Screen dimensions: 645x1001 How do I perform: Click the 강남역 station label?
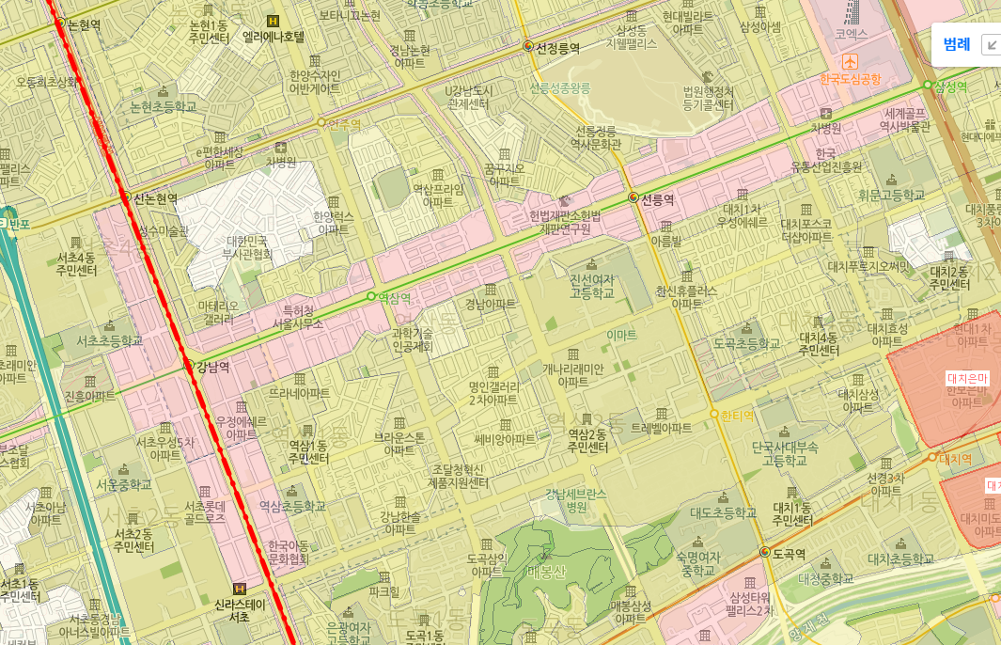pos(211,367)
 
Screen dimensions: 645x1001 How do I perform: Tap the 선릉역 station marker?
pos(633,198)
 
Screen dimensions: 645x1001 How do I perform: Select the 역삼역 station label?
pos(394,298)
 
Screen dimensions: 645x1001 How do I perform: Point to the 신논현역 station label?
pos(155,198)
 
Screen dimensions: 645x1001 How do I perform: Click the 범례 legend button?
pos(956,44)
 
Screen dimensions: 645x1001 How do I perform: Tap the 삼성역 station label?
pos(950,87)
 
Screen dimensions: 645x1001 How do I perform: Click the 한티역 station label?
pos(737,415)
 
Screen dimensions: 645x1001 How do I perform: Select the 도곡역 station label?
pos(789,553)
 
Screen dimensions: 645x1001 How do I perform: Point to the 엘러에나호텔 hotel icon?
pos(274,21)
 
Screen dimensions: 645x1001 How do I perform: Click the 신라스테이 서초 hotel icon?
pos(239,589)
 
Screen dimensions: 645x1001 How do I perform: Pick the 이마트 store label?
pos(621,335)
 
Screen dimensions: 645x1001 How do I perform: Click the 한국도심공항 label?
pos(850,79)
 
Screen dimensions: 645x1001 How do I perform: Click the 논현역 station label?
pos(84,25)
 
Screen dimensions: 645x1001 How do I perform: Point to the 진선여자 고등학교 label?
pos(591,287)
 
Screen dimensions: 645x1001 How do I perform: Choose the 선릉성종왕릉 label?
pos(560,88)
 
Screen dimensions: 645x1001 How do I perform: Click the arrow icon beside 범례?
pos(990,44)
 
